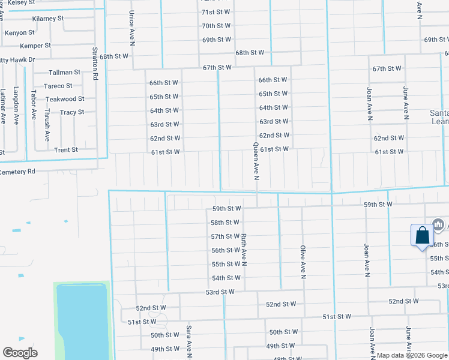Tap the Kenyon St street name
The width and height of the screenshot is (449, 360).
[x=20, y=33]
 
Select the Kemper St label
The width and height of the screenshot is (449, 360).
[x=35, y=46]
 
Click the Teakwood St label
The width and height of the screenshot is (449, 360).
[x=65, y=99]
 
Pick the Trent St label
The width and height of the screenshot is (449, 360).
[x=66, y=150]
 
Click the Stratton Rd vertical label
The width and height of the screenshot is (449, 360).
[x=95, y=64]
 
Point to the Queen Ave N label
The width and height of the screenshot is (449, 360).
[x=256, y=161]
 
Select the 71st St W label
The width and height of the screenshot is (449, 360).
[x=216, y=12]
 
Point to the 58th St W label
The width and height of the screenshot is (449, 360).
[x=225, y=223]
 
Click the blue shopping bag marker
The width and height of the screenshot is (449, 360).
[x=422, y=235]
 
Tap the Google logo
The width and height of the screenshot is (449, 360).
[x=20, y=353]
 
